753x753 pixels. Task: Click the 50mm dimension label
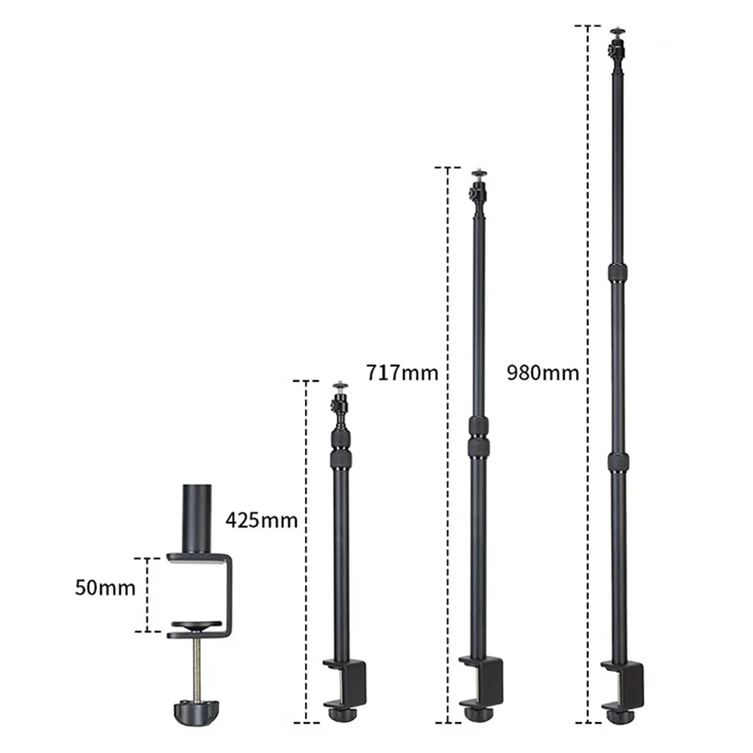point(105,587)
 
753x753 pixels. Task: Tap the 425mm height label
point(261,520)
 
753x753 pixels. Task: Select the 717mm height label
point(401,372)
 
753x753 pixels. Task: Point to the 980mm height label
point(542,372)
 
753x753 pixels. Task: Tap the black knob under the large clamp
point(195,710)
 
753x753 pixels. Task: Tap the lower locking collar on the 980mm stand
point(617,460)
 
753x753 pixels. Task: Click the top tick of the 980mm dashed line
point(587,26)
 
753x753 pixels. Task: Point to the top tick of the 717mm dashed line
point(447,167)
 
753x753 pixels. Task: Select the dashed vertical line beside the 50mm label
point(148,595)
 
